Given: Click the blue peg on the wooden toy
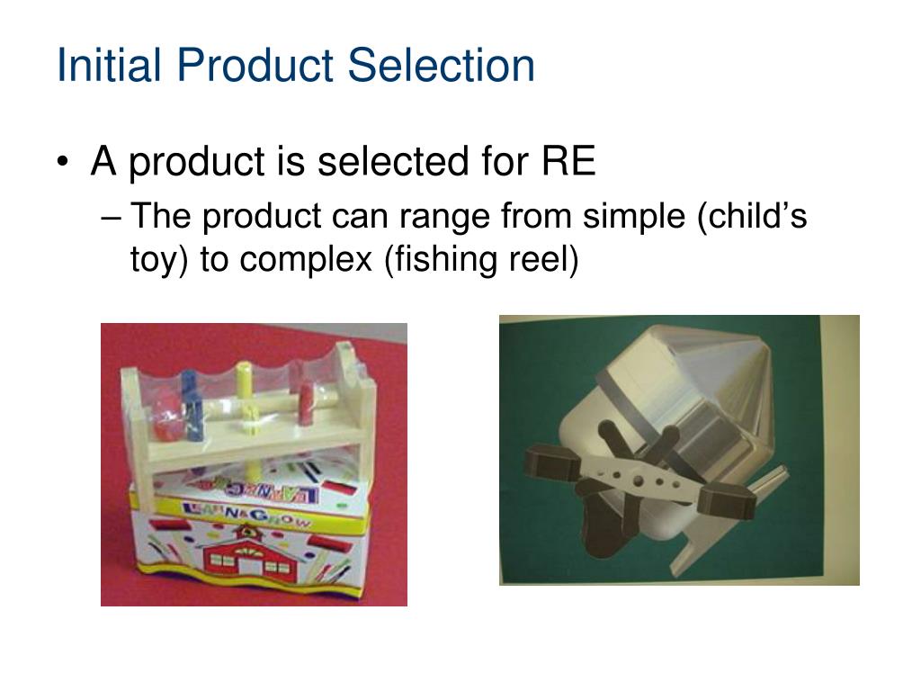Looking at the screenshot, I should (191, 396).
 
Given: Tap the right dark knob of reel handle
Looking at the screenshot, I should (729, 498).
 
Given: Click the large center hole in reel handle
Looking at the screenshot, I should (637, 481).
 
